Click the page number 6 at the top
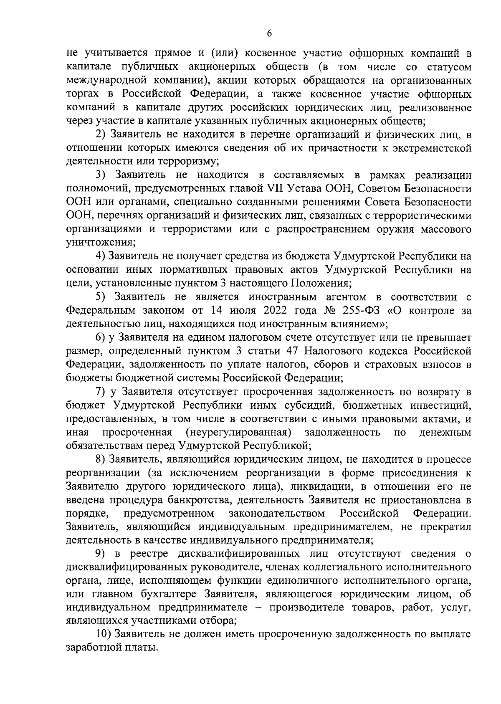coord(269,34)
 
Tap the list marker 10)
coord(104,634)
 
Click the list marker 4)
coord(101,256)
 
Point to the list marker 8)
coord(101,459)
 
